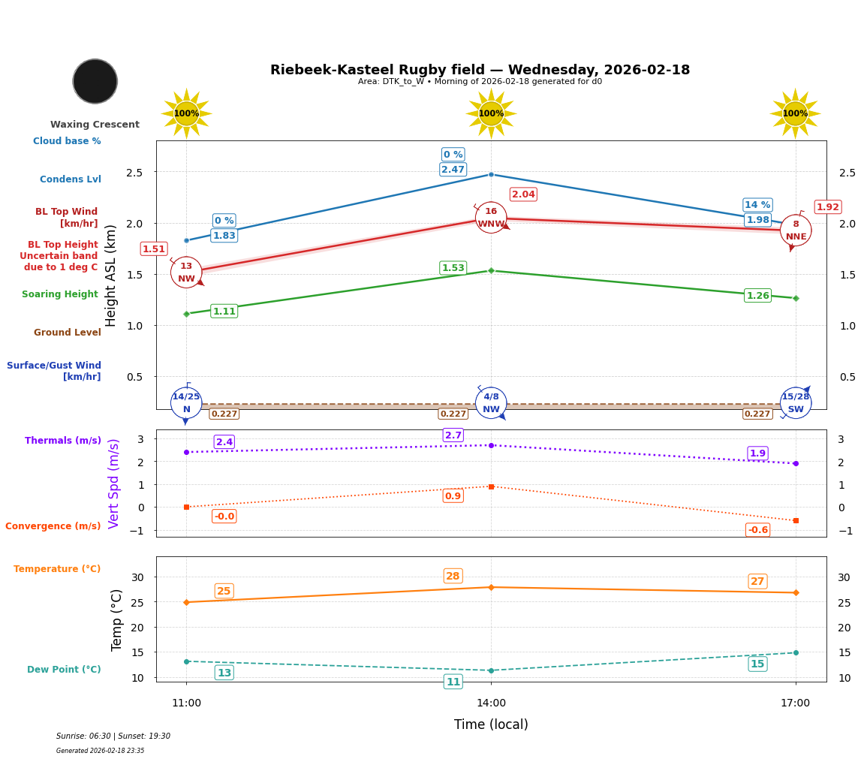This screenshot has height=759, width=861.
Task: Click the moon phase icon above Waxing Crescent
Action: (x=95, y=81)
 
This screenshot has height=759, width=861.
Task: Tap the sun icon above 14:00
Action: (x=491, y=113)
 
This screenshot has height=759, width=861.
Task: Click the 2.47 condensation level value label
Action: (x=453, y=170)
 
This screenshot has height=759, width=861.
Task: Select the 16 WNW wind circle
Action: (x=491, y=218)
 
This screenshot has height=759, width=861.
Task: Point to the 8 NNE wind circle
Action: (x=796, y=230)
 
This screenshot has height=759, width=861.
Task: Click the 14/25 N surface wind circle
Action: (x=186, y=403)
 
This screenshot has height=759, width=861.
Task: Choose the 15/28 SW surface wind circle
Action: (x=796, y=403)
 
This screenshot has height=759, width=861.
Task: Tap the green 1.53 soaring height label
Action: (x=453, y=268)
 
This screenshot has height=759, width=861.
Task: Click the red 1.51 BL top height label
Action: (x=154, y=249)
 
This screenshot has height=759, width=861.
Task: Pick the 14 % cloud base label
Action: (x=757, y=205)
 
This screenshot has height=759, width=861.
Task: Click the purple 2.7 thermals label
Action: (x=453, y=435)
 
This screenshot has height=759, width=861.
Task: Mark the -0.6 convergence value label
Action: (x=757, y=530)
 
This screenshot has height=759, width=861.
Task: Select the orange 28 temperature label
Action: (x=453, y=577)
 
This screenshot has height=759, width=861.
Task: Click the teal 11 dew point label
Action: (x=453, y=682)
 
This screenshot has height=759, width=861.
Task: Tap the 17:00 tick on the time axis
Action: (x=796, y=703)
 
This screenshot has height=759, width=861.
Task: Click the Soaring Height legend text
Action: (x=60, y=294)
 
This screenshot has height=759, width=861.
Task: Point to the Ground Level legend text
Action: (x=67, y=333)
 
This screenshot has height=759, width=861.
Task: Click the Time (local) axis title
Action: (x=491, y=724)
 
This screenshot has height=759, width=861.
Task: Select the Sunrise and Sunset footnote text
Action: (x=113, y=736)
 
